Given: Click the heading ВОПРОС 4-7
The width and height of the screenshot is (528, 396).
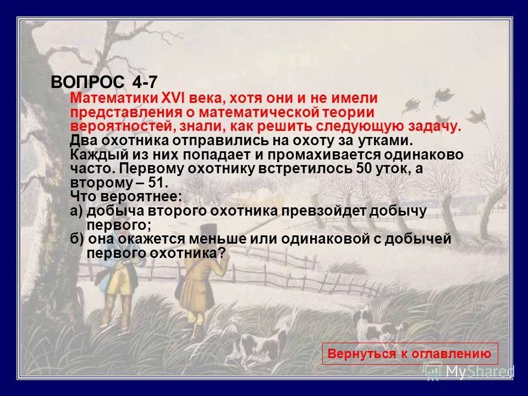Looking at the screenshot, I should click(105, 82).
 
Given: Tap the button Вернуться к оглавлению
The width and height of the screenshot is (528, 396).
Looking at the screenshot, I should click(409, 354).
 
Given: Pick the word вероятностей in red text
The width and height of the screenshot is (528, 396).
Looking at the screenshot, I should click(107, 127).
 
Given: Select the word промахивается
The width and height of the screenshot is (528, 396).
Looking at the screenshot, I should click(302, 155).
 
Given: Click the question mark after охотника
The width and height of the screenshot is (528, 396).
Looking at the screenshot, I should click(222, 253).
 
